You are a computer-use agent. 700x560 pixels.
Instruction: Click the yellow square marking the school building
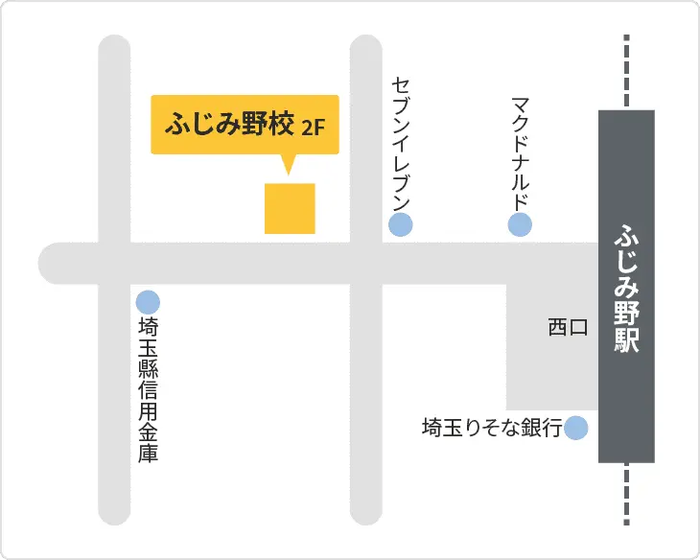point(290,208)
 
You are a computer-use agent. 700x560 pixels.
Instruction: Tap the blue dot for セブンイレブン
point(400,225)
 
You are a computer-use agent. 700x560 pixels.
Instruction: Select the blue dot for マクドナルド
point(520,225)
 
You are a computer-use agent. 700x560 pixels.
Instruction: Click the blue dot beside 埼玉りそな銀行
point(576,428)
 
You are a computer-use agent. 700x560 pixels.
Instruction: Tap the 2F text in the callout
point(313,128)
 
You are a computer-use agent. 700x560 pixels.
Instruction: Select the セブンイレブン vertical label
point(401,143)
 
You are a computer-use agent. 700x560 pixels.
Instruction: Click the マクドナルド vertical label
point(520,153)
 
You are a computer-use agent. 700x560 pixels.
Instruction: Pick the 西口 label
point(567,328)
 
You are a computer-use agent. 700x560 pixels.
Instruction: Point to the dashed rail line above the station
point(626,72)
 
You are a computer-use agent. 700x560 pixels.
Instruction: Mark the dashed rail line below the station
point(626,494)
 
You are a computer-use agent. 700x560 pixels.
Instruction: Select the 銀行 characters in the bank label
point(545,428)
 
